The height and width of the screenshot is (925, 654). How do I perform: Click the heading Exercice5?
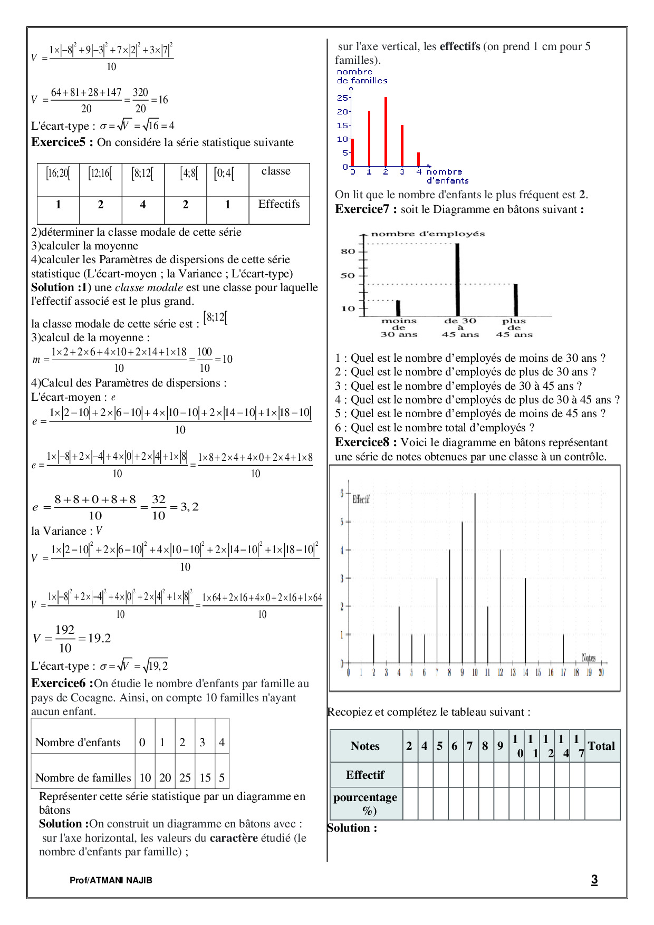coord(62,142)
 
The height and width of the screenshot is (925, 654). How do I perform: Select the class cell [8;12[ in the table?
coord(142,173)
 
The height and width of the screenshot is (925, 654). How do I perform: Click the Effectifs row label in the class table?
coord(278,205)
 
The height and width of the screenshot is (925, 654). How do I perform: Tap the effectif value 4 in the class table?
coord(142,205)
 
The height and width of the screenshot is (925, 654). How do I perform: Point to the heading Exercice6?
coord(62,683)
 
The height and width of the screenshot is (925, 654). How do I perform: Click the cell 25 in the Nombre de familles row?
coord(185,777)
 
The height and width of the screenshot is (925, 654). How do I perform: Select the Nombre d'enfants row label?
coord(78,743)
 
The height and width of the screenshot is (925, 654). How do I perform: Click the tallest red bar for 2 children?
coord(386,132)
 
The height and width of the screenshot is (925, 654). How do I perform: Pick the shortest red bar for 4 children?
coord(419,159)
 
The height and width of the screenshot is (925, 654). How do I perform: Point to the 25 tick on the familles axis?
coord(342,98)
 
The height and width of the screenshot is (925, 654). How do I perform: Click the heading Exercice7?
coord(366,209)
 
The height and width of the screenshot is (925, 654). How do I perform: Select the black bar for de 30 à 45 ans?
coord(457,280)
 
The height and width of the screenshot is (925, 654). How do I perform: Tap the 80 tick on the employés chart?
coord(348,251)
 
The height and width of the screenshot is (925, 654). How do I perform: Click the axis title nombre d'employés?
coord(428,234)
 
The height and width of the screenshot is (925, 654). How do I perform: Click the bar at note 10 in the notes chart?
coord(475,577)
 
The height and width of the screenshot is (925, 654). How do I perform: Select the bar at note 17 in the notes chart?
coord(563,649)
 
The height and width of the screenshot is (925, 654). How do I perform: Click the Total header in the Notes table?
coord(601,746)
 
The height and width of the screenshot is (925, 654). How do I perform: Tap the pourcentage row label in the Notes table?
coord(366,803)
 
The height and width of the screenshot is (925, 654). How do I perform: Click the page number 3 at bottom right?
coord(594,880)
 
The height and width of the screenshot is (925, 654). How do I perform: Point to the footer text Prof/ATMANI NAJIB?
coord(111,880)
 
